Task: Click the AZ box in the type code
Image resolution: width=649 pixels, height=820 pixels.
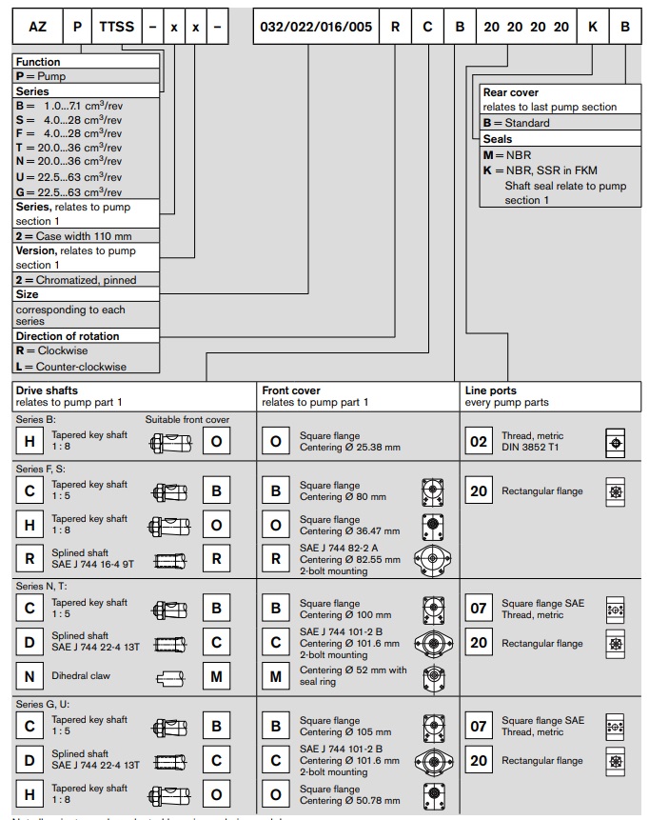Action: pos(37,27)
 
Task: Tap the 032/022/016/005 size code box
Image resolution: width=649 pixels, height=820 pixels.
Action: pos(316,27)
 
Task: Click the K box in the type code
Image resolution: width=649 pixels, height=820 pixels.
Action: pos(592,27)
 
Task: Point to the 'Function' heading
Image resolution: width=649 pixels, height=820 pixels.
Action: pos(38,61)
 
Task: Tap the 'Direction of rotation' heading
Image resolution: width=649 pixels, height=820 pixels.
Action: pos(68,336)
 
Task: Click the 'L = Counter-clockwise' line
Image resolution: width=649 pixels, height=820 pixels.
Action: pos(71,367)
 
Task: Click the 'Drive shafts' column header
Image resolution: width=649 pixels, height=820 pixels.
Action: pos(48,390)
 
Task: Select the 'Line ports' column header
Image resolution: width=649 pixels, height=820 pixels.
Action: pos(491,390)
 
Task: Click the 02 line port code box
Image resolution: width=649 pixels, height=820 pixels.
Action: pos(479,442)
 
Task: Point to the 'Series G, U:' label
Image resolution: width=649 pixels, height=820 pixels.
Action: pos(44,705)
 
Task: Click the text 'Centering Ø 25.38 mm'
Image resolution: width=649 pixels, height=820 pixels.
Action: pos(350,447)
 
